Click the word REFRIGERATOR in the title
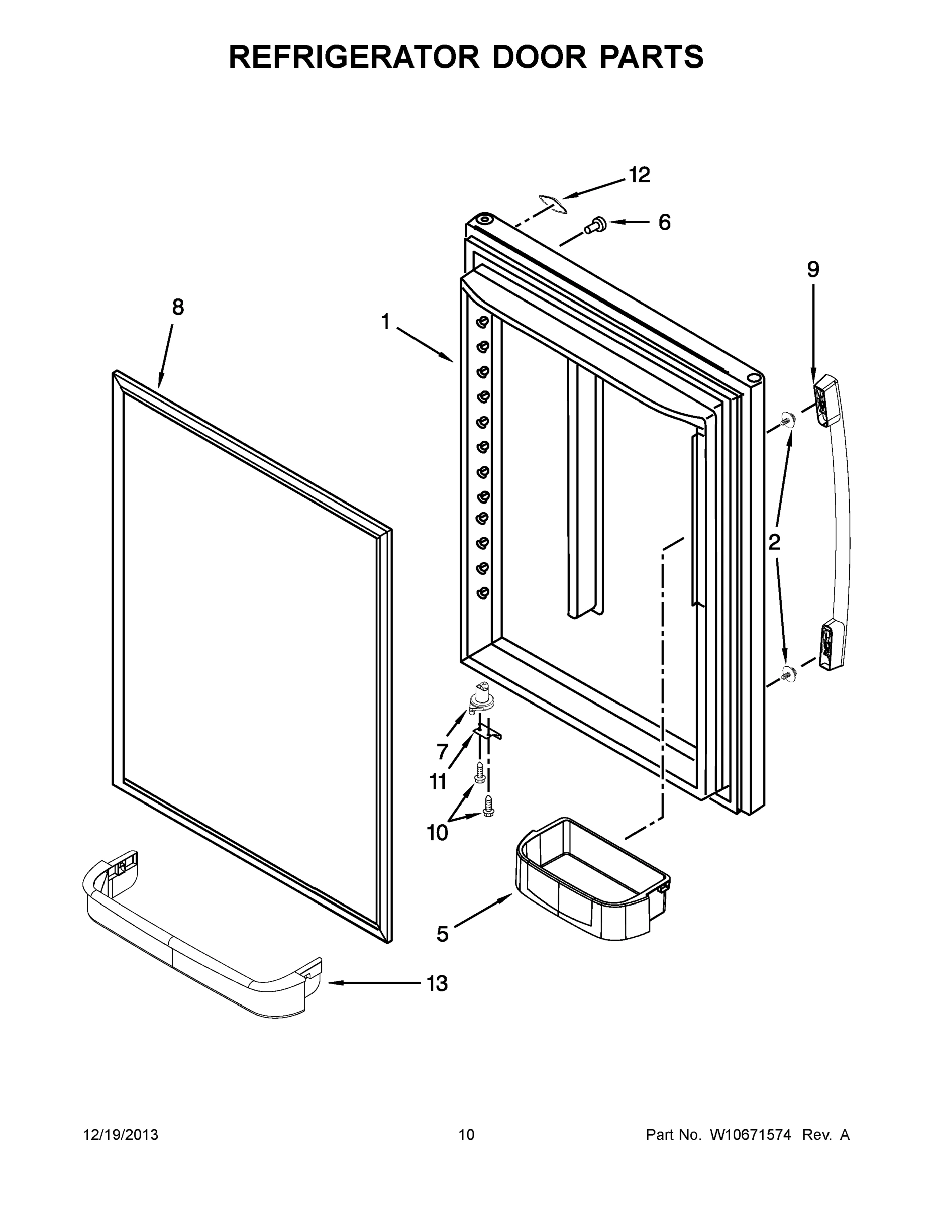(353, 57)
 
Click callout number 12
(640, 175)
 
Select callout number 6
(664, 222)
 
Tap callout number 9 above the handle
(813, 269)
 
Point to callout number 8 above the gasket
(178, 307)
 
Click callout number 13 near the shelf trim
(437, 983)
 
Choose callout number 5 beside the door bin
(442, 934)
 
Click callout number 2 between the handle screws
(774, 542)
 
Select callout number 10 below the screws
(437, 833)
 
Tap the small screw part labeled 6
(595, 224)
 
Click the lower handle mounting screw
(789, 673)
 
